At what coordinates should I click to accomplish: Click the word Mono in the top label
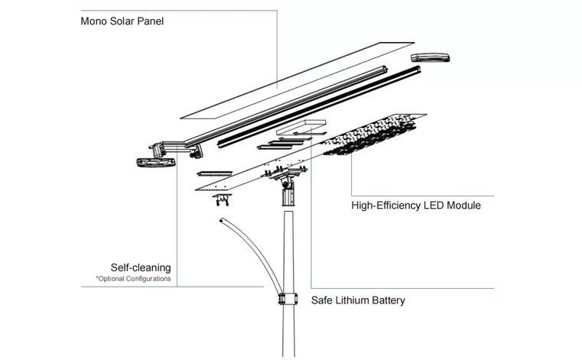click(x=94, y=21)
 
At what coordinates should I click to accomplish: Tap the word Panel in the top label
click(x=151, y=21)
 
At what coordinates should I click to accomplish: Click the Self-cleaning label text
click(x=141, y=268)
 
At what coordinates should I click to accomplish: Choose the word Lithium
click(x=354, y=300)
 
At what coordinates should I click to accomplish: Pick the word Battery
click(x=389, y=300)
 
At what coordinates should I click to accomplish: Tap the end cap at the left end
click(x=153, y=163)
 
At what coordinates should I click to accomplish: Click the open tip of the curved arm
click(x=222, y=221)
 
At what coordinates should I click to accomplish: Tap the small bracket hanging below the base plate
click(x=223, y=200)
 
